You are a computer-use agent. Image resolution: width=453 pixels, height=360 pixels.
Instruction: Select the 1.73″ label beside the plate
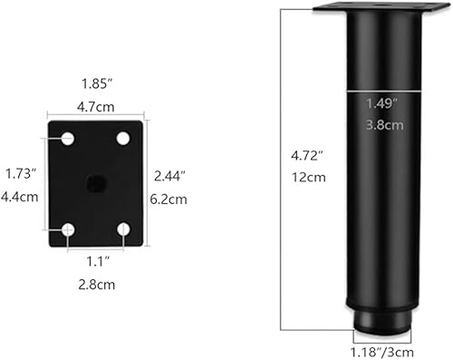pos(20,172)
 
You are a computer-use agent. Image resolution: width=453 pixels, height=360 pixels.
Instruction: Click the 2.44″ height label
pos(169,174)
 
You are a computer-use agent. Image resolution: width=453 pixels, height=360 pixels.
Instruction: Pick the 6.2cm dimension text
pos(169,199)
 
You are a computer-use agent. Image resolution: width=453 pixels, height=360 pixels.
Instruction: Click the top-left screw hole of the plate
pos(68,139)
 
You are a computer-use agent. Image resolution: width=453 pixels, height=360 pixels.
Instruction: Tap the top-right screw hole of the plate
pos(123,139)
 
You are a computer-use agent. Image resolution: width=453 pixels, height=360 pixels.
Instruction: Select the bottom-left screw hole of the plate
pos(68,229)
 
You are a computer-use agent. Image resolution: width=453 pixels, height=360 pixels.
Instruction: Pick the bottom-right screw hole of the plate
pos(123,229)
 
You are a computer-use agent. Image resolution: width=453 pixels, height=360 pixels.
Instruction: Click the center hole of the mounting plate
pos(95,183)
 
